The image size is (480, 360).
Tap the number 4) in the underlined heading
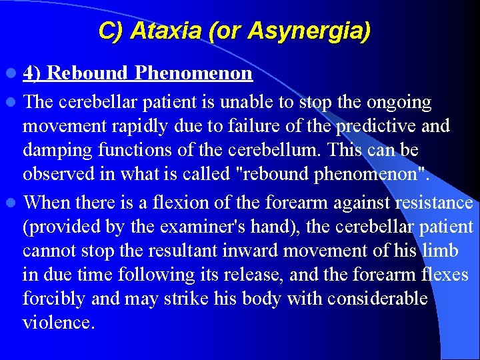tap(33, 73)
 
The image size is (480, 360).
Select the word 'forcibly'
tap(54, 299)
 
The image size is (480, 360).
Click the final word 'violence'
tap(59, 323)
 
